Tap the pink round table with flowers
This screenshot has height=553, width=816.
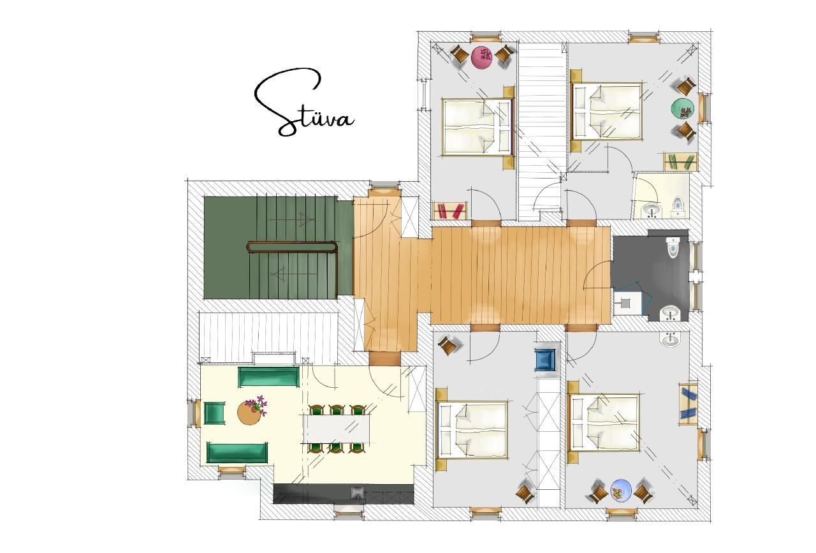(x=482, y=57)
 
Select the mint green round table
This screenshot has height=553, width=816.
(x=682, y=108)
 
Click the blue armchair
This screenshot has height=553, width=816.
(x=545, y=360)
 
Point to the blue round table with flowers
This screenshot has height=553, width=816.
(x=621, y=490)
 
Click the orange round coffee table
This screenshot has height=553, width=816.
(x=249, y=413)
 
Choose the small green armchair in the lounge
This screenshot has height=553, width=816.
(x=214, y=413)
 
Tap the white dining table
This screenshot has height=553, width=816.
(x=337, y=429)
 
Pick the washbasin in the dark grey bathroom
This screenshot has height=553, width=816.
(x=670, y=314)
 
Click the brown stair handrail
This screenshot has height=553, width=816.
(x=293, y=247)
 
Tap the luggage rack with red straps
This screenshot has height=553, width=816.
(x=450, y=211)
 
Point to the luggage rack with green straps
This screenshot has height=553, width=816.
(x=680, y=161)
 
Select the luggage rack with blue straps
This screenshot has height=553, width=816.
(x=688, y=404)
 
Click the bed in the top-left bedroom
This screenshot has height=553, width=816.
(x=477, y=126)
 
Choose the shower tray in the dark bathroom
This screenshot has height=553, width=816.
(x=627, y=302)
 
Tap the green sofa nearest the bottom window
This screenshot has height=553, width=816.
(x=237, y=453)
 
